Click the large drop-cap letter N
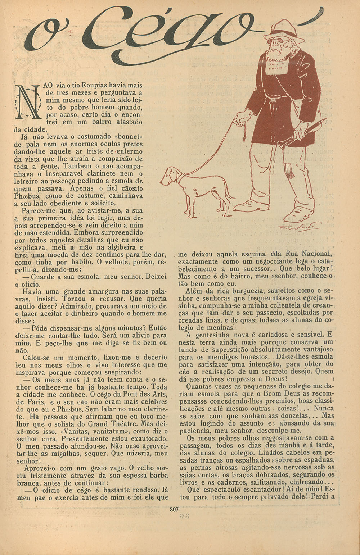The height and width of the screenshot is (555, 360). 27,102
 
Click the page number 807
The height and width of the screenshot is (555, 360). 174,509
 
